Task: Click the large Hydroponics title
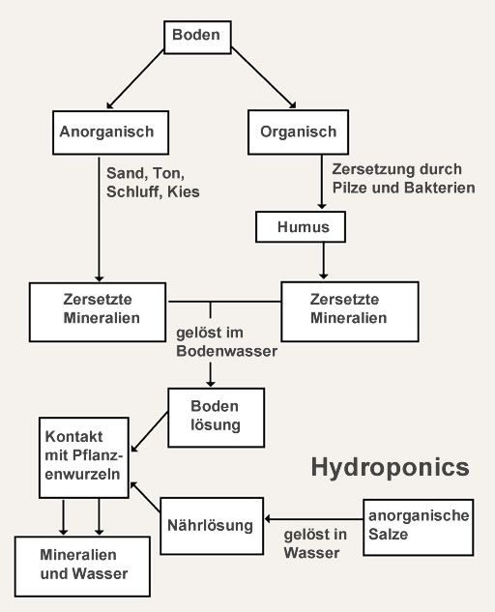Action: [390, 468]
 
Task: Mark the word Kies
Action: [184, 191]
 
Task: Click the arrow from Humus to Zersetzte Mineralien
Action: [324, 259]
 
